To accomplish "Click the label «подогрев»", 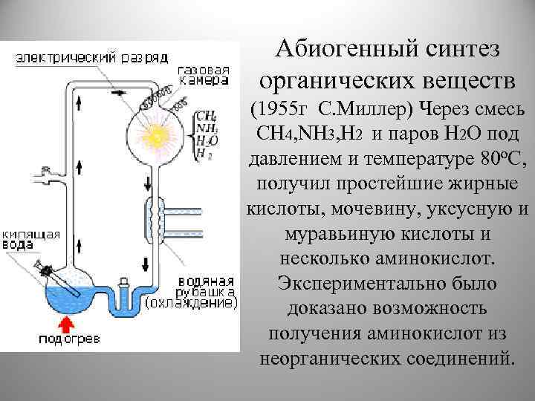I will [x=67, y=339].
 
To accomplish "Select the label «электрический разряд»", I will [x=92, y=56].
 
